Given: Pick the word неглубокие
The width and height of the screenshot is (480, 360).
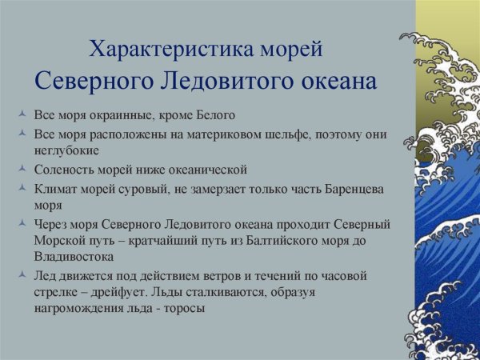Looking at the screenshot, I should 66,150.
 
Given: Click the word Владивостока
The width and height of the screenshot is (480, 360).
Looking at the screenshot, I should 73,257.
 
